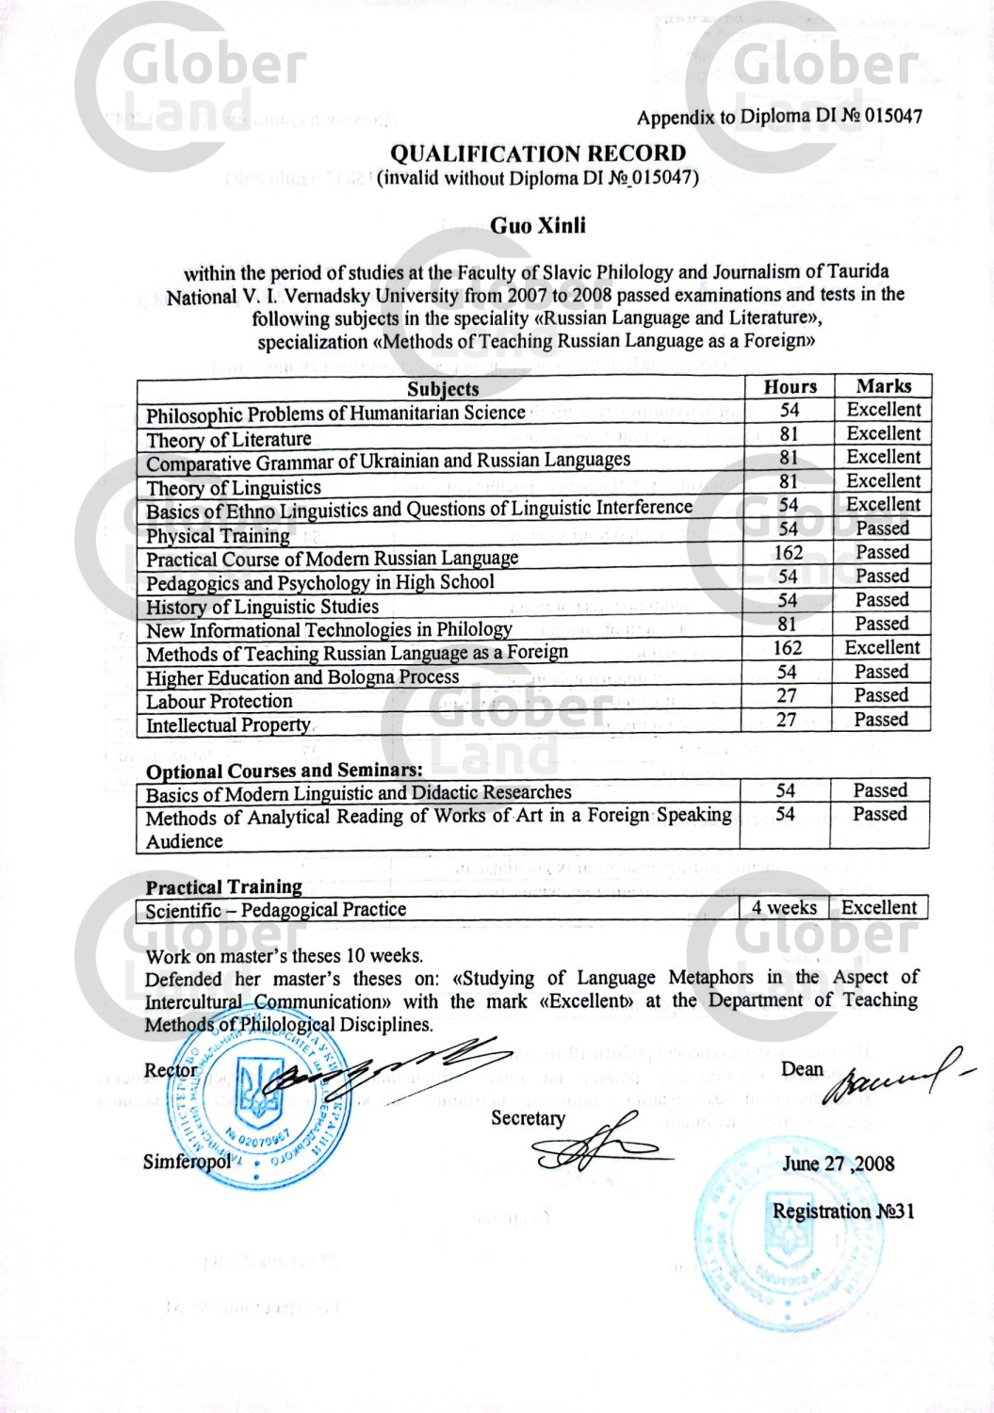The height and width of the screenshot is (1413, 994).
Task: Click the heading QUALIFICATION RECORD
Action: click(538, 153)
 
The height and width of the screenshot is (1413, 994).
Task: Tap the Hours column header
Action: click(790, 386)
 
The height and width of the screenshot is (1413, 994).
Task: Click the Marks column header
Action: click(883, 385)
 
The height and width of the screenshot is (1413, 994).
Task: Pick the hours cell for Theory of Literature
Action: click(789, 433)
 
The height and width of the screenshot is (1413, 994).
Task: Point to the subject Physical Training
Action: click(218, 536)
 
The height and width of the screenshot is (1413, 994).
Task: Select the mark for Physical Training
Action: click(882, 528)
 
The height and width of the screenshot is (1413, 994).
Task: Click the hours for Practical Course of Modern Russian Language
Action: click(788, 553)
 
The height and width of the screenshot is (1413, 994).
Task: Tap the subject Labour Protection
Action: click(219, 702)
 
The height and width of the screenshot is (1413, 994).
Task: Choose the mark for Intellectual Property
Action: click(881, 720)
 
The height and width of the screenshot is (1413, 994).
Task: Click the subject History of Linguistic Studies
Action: click(262, 608)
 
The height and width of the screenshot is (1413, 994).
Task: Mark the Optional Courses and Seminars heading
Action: click(284, 771)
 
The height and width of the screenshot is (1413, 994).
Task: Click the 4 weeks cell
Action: click(784, 908)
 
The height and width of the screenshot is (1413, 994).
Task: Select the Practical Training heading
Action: click(223, 886)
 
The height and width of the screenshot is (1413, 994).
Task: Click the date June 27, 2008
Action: click(838, 1163)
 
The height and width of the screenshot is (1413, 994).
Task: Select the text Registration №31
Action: click(842, 1211)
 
